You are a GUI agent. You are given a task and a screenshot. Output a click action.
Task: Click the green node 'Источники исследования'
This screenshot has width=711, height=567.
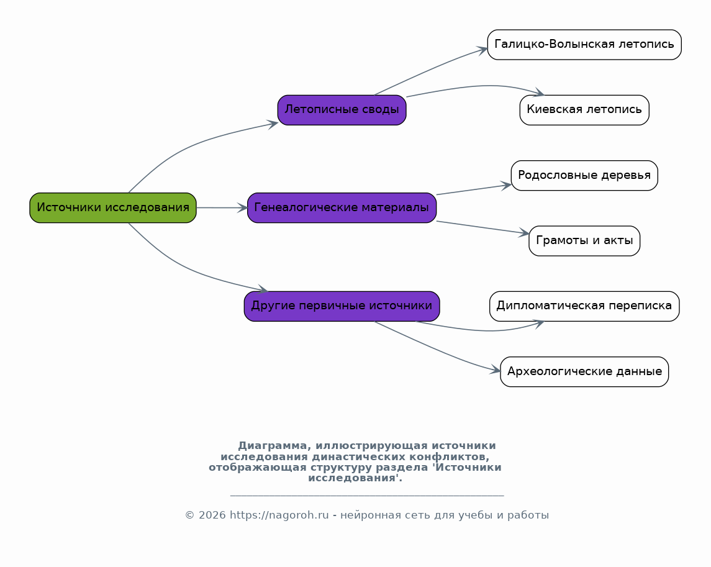[113, 208]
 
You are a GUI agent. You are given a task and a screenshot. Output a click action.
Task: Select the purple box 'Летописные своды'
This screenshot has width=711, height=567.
[342, 110]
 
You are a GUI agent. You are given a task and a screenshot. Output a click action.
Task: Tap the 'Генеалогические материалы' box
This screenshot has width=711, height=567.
[342, 208]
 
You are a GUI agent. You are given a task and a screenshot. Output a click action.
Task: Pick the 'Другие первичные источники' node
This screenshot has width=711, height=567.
[342, 306]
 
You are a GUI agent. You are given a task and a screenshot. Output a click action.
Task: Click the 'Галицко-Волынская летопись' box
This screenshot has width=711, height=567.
[584, 45]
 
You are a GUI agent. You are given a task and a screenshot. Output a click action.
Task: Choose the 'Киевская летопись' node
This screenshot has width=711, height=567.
[584, 110]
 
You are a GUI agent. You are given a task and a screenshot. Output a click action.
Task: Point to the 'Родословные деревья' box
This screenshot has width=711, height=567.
[584, 175]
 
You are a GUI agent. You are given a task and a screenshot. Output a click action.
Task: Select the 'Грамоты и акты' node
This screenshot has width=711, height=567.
[584, 241]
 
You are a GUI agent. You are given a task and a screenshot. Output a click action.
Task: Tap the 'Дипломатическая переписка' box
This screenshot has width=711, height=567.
[584, 306]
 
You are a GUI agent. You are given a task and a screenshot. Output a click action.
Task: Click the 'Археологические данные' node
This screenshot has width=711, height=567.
[584, 371]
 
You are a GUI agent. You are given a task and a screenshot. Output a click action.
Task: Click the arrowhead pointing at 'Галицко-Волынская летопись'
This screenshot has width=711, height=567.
[482, 50]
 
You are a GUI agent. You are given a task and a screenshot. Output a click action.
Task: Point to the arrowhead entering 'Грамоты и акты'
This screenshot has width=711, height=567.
[524, 233]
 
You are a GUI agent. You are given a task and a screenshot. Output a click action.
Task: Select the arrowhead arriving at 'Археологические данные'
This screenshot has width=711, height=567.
[495, 370]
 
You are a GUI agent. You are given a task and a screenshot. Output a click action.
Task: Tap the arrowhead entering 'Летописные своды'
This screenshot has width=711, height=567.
[273, 124]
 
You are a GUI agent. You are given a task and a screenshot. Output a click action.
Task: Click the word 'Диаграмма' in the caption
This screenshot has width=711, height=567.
[273, 445]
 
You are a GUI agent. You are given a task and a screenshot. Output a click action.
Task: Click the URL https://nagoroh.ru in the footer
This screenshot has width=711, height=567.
[279, 515]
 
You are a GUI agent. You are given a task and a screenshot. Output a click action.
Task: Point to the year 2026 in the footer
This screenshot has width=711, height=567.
[212, 515]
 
